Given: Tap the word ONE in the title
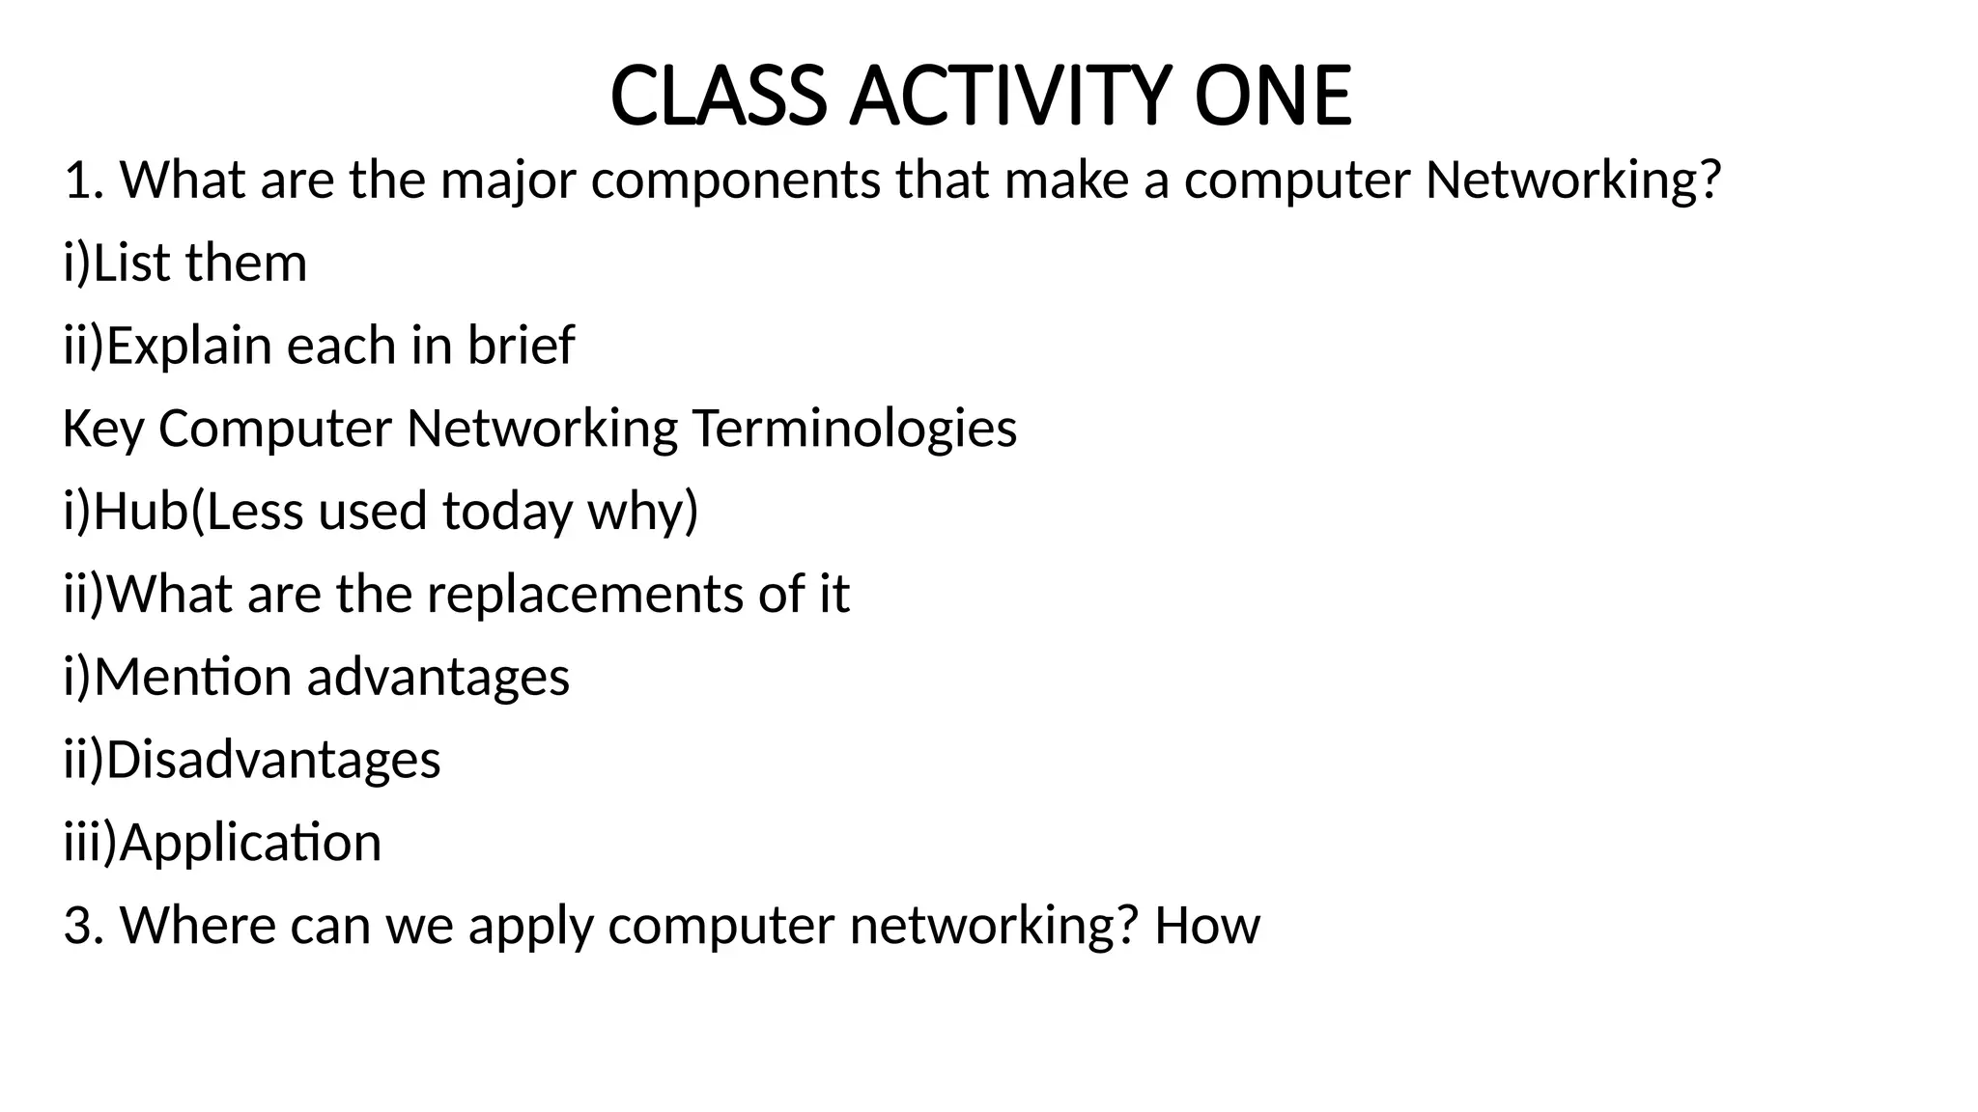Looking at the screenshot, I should [x=1272, y=97].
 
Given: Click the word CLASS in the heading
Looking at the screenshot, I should [x=719, y=97].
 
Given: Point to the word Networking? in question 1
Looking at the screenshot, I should [x=1573, y=181].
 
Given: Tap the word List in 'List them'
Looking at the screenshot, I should [x=132, y=263].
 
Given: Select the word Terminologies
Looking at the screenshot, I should [x=854, y=429].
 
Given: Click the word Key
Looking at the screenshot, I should [x=103, y=429].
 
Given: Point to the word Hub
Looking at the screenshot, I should [x=140, y=511].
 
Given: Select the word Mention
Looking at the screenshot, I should [x=192, y=677].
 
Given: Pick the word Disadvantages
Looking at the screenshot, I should [x=273, y=760].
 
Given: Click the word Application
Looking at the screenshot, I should [x=250, y=843].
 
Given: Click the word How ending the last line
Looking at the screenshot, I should [x=1206, y=926].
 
